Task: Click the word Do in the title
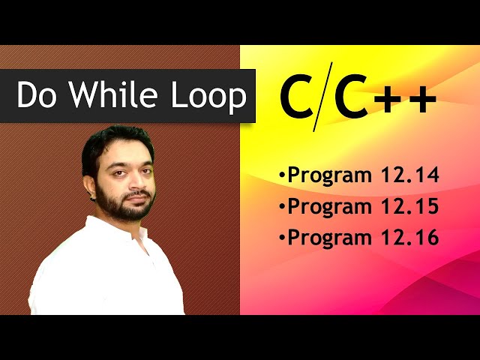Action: tap(37, 96)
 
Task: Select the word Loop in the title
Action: tap(211, 96)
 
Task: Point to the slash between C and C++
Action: tap(323, 99)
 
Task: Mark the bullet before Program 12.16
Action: tap(282, 238)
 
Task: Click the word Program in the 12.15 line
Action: tap(330, 208)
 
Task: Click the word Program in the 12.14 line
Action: tap(330, 177)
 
